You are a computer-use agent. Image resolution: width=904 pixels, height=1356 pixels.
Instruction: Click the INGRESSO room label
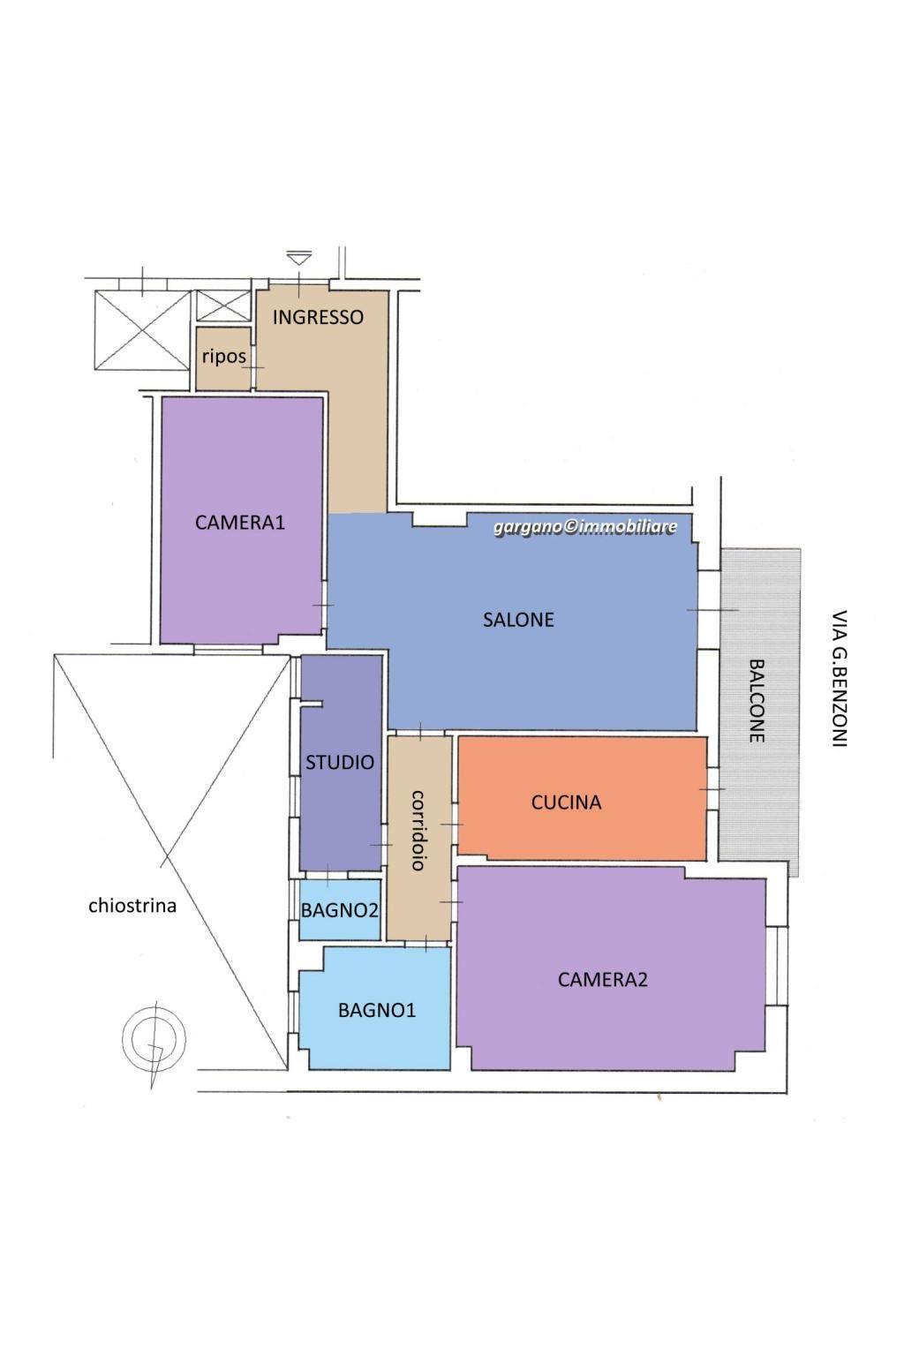coord(318,317)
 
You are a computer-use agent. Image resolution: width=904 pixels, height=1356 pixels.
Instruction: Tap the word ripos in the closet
coord(223,357)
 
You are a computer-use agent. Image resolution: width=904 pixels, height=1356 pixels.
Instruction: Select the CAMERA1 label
coord(240,523)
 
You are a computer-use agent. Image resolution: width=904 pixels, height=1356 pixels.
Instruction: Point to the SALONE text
coord(518,620)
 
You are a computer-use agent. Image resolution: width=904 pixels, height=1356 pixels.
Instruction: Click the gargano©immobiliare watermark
coord(585,527)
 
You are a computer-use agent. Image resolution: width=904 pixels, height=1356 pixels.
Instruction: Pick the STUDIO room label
coord(340,763)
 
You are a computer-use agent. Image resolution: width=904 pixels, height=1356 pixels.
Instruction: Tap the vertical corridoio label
coord(418,830)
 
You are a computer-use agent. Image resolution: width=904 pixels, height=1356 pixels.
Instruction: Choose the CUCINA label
coord(566,802)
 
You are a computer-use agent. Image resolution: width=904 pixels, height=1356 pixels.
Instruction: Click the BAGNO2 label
coord(340,910)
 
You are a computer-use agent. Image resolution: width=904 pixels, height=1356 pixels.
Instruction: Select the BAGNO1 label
coord(377,1010)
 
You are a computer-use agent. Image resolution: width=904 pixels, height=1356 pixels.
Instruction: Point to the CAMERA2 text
coord(602,979)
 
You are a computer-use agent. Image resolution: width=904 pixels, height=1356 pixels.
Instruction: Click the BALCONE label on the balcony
coord(757,700)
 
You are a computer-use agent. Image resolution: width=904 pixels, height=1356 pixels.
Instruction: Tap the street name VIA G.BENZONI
coord(840,678)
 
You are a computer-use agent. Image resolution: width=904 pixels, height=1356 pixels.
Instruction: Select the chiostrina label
coord(132,906)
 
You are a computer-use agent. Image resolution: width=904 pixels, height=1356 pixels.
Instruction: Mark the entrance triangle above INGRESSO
coord(299,259)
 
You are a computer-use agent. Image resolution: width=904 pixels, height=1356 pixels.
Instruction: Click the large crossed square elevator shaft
coord(142,330)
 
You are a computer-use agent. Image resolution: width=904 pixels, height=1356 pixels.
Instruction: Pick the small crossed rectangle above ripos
coord(222,305)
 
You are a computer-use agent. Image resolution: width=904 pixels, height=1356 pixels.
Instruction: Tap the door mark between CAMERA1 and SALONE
coord(323,606)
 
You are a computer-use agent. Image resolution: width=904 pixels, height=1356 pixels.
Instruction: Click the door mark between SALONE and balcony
coord(712,610)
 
